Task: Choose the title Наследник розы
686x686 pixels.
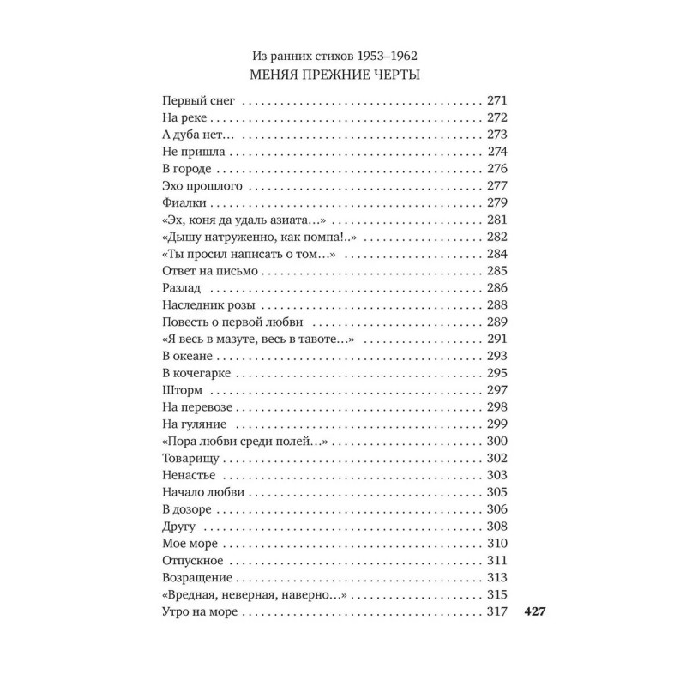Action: tap(211, 305)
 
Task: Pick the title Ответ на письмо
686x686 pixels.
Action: tap(209, 271)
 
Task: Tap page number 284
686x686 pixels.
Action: tap(497, 255)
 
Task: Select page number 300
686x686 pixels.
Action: tap(497, 442)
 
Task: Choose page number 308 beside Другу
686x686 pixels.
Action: tap(497, 527)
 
